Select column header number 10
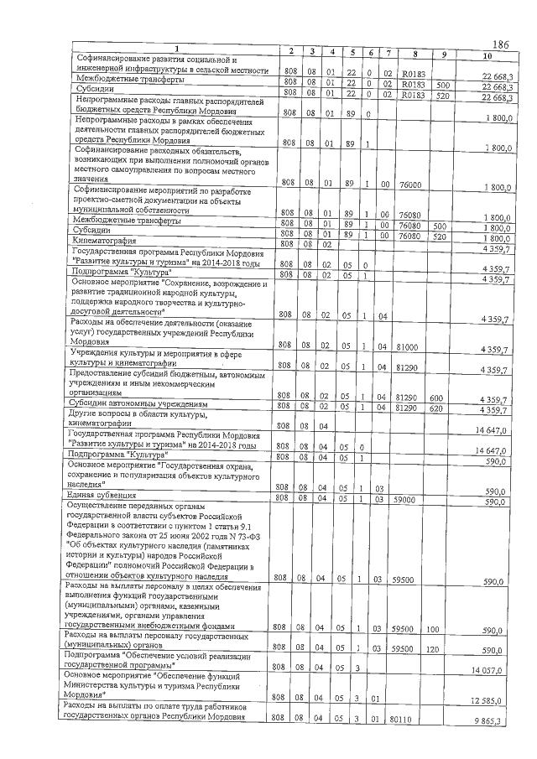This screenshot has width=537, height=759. [487, 55]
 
